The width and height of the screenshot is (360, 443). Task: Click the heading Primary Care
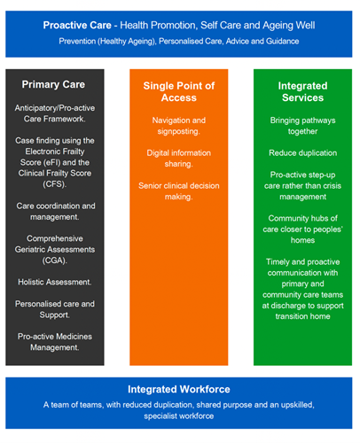tap(53, 84)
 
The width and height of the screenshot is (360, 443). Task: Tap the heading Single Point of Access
tap(179, 91)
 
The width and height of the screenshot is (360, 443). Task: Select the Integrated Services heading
tap(302, 91)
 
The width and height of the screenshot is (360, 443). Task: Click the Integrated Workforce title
tap(179, 389)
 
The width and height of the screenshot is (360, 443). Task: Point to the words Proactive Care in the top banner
tap(77, 26)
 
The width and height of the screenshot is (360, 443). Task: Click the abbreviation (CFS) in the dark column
tap(55, 184)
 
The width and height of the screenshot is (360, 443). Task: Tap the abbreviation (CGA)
tap(55, 260)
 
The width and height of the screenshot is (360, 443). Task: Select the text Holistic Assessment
tap(55, 282)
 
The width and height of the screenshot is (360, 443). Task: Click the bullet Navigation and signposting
tap(179, 126)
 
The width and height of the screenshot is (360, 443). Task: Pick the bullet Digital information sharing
tap(179, 159)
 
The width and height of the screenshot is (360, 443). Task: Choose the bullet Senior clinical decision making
tap(179, 191)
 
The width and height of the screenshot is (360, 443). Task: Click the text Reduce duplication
tap(302, 153)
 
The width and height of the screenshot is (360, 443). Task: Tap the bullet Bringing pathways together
tap(302, 126)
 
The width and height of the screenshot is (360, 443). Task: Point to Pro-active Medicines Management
tap(55, 342)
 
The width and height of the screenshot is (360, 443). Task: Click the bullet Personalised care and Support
tap(55, 309)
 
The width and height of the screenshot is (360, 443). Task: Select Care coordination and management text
tap(56, 212)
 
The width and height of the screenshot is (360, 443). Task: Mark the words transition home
tap(302, 316)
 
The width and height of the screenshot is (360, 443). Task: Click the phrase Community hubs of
tap(302, 218)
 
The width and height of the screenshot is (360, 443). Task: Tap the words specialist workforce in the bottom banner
tap(179, 416)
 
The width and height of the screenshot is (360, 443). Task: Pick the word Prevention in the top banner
tap(77, 41)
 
